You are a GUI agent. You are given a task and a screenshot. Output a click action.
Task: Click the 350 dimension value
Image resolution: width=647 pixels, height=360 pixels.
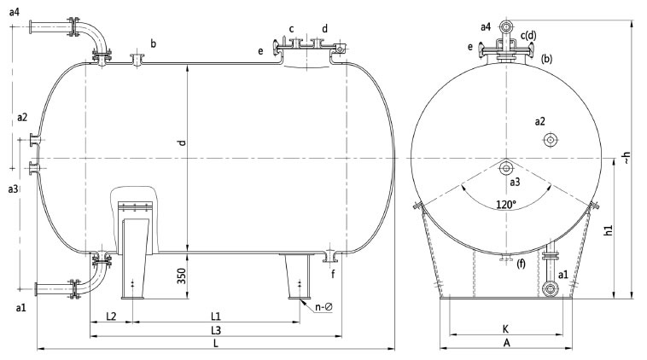182,276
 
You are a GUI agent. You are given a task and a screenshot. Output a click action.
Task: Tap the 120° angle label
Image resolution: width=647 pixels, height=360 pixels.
506,204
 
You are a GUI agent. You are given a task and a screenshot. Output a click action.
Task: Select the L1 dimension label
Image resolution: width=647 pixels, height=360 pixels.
216,316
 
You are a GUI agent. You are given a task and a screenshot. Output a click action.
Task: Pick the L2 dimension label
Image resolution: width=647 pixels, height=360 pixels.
111,316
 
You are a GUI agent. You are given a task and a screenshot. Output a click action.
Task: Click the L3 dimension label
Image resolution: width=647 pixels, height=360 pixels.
216,330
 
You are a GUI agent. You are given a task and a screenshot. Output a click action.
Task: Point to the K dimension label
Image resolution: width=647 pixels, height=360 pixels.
505,329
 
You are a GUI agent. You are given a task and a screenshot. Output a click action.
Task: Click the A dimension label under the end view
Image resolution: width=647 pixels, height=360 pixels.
507,343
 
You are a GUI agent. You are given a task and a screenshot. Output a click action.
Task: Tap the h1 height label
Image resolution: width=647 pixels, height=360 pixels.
609,230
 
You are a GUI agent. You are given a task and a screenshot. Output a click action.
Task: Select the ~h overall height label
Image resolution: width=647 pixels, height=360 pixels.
627,157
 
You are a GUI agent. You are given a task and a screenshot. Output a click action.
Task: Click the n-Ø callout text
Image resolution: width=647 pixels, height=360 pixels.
323,307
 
